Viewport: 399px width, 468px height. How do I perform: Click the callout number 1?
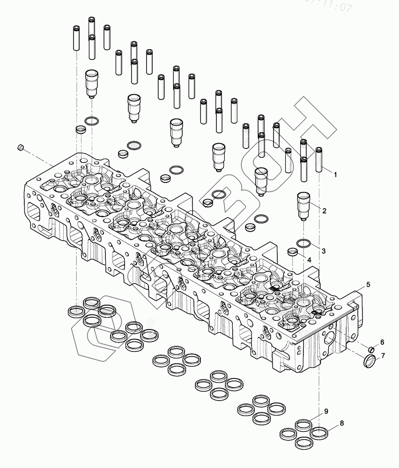pos(335,174)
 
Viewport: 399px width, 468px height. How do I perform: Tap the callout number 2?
pos(324,211)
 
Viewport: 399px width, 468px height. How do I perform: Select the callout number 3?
pos(324,251)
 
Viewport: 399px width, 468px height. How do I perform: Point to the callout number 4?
pos(309,259)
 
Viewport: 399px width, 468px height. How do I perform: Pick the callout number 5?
pos(368,285)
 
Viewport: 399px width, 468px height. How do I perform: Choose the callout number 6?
pos(382,342)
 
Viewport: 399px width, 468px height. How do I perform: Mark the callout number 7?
pos(383,356)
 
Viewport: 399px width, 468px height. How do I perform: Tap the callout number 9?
pos(326,411)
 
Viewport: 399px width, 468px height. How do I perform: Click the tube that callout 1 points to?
pos(320,160)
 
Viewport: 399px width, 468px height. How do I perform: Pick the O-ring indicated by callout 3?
pos(304,243)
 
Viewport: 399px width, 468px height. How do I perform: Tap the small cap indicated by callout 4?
pos(293,253)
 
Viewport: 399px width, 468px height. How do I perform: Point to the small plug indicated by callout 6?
pos(371,349)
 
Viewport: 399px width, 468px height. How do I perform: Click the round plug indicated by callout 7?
pos(369,361)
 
